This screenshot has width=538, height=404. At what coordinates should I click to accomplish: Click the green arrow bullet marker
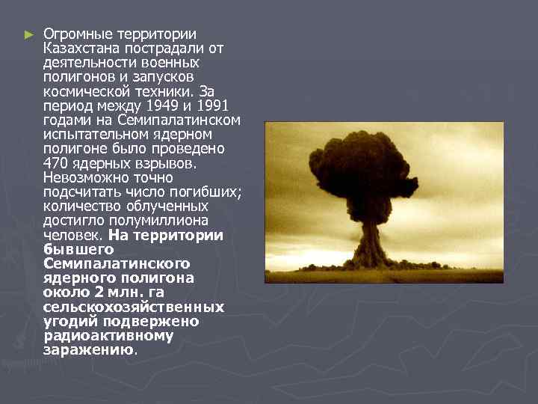click(x=28, y=34)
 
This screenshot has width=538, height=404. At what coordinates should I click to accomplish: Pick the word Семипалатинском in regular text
click(x=194, y=120)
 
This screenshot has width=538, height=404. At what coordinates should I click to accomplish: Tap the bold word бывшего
click(x=78, y=249)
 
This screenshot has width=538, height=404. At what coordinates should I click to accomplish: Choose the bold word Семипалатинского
click(x=117, y=263)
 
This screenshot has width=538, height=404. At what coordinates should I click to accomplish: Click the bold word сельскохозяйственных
click(x=133, y=307)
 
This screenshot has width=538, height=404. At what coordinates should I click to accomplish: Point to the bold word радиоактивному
click(x=108, y=335)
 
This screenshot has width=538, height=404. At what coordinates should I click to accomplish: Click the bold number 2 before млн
click(x=109, y=293)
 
